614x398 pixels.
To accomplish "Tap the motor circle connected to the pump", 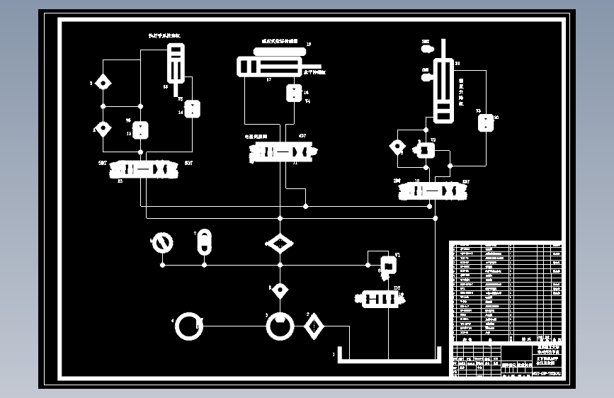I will tap(189, 326).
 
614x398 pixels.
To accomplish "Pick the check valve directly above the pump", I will tap(280, 290).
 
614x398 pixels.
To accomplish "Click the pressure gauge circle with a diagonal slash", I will tap(163, 243).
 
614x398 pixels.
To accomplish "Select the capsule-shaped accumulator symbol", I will tap(203, 241).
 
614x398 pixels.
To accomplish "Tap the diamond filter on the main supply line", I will tap(280, 244).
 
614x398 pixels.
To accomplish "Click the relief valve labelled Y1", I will tap(388, 264).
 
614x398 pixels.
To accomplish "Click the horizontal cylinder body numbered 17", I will tap(269, 67).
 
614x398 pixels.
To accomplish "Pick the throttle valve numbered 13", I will tap(142, 131).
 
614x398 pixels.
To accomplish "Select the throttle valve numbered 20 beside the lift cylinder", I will tap(486, 123).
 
